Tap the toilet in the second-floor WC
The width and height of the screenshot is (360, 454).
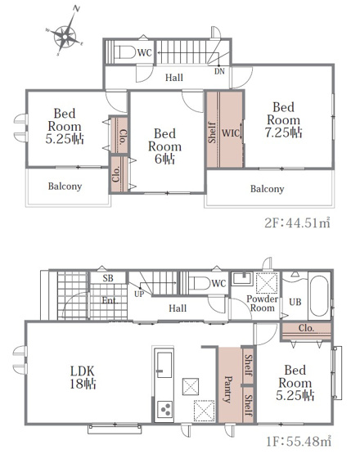125,52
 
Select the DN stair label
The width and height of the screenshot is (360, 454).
219,71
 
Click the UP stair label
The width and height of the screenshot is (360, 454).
139,294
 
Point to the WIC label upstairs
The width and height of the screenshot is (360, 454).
231,133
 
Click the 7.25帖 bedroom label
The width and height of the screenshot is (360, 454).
284,120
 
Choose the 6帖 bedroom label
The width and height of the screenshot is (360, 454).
164,146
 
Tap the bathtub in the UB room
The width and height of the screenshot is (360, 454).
319,295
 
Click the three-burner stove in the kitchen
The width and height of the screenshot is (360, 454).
164,410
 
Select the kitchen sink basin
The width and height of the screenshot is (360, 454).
164,364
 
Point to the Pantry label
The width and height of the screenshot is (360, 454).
228,389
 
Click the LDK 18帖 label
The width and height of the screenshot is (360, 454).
83,378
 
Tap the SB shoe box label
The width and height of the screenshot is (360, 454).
108,278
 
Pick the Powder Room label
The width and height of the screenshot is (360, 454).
262,303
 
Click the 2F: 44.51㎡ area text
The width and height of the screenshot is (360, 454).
297,223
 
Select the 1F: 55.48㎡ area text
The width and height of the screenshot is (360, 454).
299,441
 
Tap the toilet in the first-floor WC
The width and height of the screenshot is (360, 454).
200,283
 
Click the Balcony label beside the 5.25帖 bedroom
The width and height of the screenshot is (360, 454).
65,187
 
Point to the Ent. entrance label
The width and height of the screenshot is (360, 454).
110,300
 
